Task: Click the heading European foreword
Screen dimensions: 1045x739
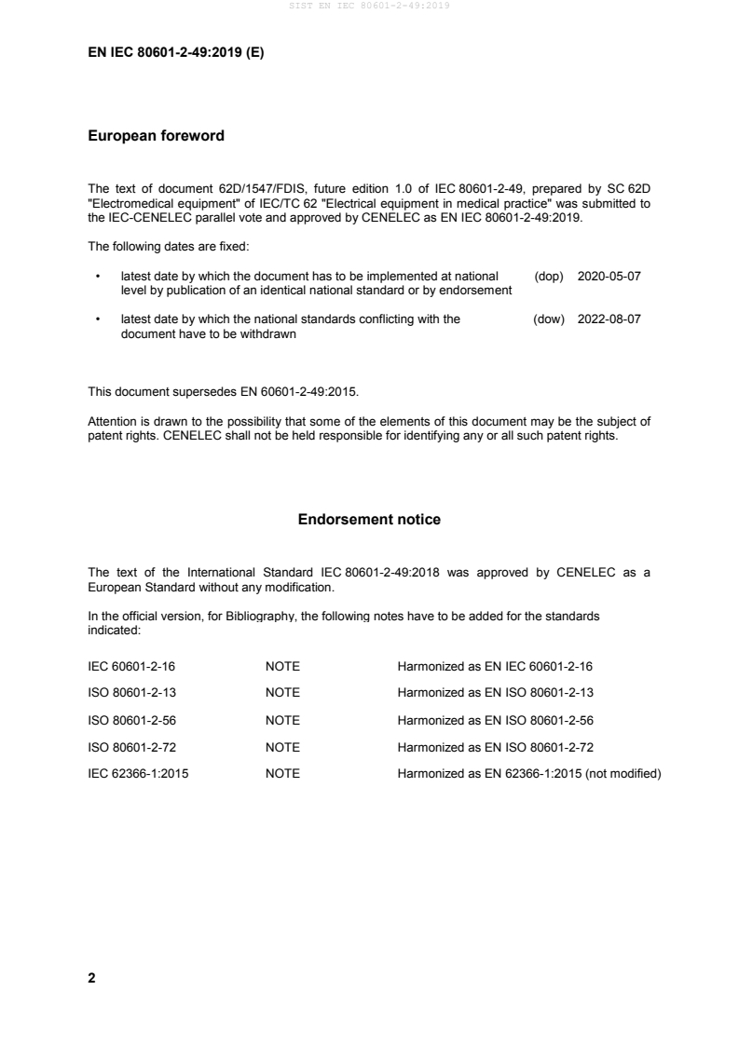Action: click(156, 136)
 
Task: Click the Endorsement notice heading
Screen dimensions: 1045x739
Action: click(369, 520)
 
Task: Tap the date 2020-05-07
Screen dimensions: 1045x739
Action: click(609, 278)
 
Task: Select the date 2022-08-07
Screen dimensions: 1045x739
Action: click(609, 319)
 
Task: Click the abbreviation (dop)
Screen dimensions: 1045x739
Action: click(549, 278)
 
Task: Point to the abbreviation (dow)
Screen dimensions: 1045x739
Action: click(549, 319)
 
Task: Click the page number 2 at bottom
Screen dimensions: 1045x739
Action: click(91, 978)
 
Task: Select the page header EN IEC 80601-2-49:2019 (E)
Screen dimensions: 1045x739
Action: click(175, 53)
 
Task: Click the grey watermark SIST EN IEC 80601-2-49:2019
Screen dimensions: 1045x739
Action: click(370, 7)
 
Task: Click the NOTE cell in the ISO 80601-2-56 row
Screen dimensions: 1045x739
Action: click(282, 719)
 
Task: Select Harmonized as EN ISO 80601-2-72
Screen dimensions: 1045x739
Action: click(495, 746)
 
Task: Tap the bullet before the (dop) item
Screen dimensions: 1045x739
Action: click(98, 278)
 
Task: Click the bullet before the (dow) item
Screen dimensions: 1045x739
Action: click(98, 319)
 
